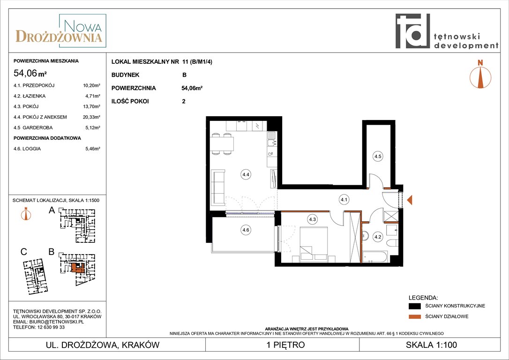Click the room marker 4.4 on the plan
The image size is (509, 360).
(x=246, y=175)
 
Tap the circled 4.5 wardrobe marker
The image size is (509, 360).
(x=378, y=157)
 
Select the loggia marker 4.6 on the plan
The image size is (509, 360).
(x=246, y=230)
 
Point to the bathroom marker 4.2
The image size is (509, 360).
(x=378, y=237)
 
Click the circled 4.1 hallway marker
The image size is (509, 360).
(x=344, y=200)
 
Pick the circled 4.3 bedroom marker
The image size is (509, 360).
(x=312, y=219)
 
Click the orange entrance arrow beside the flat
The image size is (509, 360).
(x=410, y=200)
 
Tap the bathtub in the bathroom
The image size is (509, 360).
(x=375, y=257)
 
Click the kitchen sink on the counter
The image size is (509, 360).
(x=271, y=138)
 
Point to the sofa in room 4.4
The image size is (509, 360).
(x=218, y=188)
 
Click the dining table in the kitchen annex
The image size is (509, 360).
(x=222, y=143)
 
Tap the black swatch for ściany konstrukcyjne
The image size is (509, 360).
(x=414, y=306)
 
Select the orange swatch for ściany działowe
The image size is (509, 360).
(x=414, y=316)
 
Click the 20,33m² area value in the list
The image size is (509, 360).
(x=91, y=117)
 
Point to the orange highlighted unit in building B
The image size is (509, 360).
(x=78, y=268)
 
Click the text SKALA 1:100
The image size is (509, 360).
(x=431, y=345)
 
